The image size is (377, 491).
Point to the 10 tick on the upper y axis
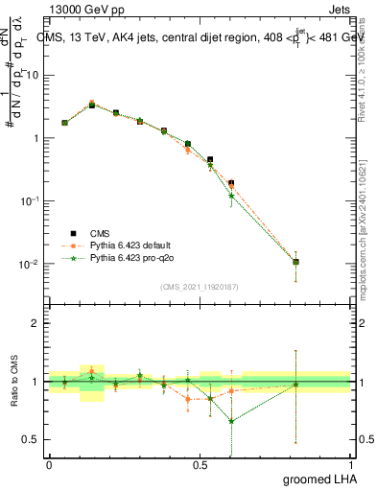click(x=35, y=75)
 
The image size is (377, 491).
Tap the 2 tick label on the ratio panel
click(x=37, y=323)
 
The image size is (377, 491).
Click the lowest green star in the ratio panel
click(x=231, y=421)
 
